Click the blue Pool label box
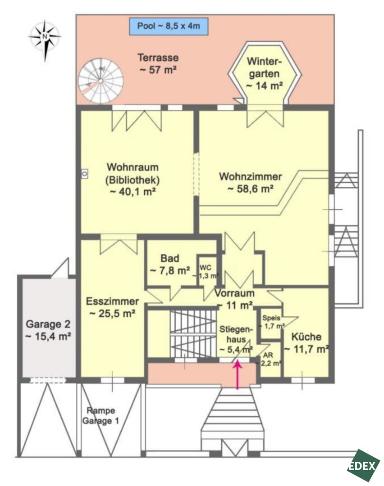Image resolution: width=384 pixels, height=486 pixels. [169, 27]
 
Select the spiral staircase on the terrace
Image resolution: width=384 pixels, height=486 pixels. [101, 81]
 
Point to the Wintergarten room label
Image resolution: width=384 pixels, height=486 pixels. [265, 73]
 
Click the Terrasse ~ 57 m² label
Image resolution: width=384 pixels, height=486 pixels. [158, 63]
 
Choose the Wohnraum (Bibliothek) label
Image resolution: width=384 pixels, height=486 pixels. [133, 179]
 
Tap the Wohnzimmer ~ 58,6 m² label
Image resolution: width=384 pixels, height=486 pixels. [251, 183]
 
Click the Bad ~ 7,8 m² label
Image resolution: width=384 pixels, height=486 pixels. [170, 265]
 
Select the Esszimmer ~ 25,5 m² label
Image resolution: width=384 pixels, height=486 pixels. [112, 307]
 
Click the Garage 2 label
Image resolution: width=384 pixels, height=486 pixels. [48, 330]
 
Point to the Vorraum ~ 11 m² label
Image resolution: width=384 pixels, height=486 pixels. [235, 299]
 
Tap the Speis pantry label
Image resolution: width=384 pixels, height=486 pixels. [272, 322]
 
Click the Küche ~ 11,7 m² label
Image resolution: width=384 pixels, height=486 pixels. [306, 343]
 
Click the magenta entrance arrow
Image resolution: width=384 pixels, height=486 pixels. [238, 374]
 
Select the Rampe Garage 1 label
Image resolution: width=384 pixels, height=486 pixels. [101, 416]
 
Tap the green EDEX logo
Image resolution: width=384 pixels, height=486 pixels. [363, 466]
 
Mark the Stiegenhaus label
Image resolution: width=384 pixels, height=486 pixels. [236, 339]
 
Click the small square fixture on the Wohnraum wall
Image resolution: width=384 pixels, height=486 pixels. [84, 174]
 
